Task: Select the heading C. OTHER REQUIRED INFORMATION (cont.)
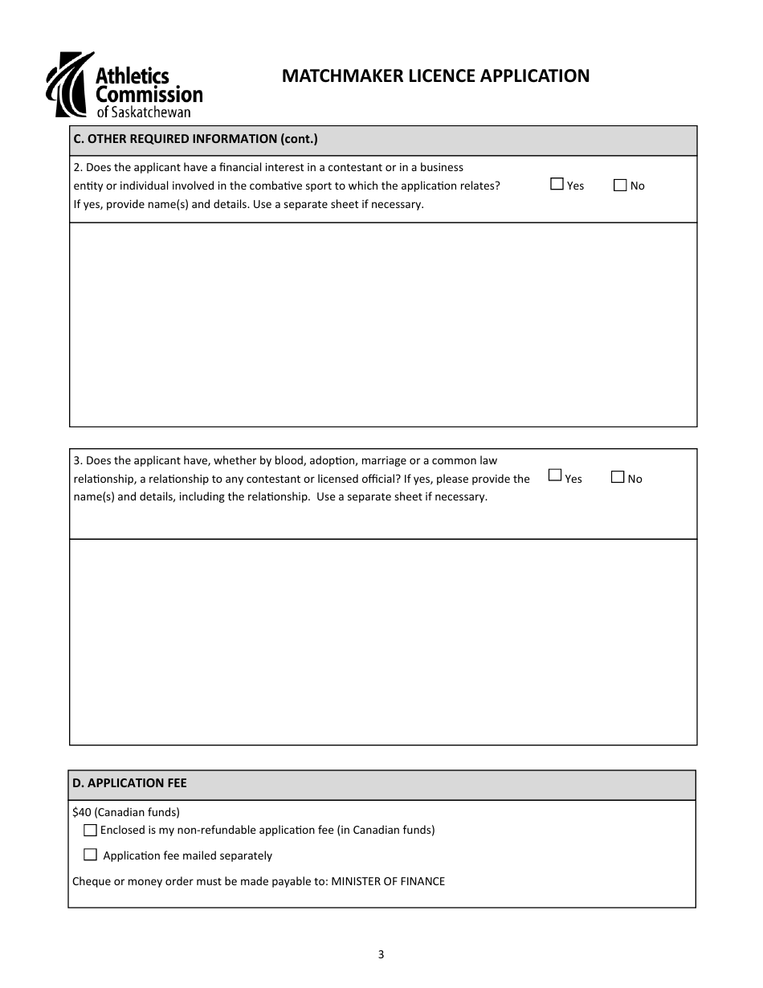click(195, 139)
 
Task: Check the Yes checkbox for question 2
click(557, 185)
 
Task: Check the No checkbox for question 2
click(620, 186)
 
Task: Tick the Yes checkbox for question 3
click(555, 476)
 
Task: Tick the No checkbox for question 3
click(618, 476)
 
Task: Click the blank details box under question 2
click(383, 325)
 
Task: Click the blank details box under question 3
click(383, 642)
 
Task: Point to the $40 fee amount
click(82, 812)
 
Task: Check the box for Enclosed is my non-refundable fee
click(90, 830)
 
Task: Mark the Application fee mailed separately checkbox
click(90, 855)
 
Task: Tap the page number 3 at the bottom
click(381, 954)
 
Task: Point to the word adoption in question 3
click(333, 460)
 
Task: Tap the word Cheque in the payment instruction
click(92, 881)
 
